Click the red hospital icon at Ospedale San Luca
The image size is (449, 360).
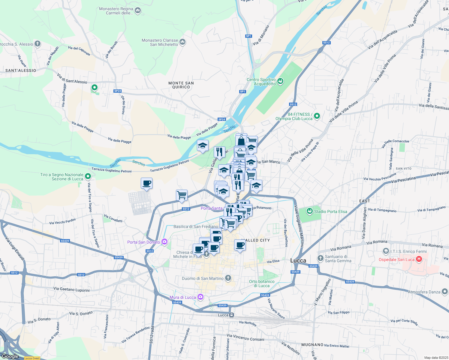[419, 259]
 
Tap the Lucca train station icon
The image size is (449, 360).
[231, 315]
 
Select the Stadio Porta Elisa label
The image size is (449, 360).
[330, 211]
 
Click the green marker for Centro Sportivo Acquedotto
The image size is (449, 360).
[280, 81]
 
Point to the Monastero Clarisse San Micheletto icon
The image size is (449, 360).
[182, 42]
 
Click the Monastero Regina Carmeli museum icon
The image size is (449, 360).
[138, 11]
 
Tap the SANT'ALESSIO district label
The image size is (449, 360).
[21, 70]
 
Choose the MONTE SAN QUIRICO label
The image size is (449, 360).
[181, 85]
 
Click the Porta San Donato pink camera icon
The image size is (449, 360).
[164, 241]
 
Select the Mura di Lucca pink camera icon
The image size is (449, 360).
[200, 297]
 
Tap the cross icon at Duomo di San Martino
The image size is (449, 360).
[228, 278]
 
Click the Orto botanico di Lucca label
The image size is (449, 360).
[262, 283]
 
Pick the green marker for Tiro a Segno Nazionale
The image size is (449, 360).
[88, 176]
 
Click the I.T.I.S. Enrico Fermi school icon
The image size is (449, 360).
[386, 251]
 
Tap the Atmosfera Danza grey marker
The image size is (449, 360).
[444, 291]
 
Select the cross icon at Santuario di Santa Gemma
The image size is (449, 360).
[321, 258]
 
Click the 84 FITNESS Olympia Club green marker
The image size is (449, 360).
[317, 116]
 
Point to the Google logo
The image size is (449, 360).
[10, 356]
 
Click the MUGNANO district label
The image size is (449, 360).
[312, 345]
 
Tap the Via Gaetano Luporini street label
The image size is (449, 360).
[71, 289]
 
